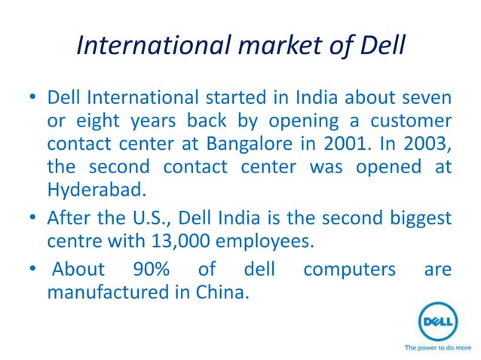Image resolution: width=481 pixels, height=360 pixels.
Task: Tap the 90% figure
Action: [151, 269]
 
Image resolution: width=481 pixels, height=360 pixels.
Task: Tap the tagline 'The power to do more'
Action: [437, 348]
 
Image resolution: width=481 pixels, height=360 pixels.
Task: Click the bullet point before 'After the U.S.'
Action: [32, 219]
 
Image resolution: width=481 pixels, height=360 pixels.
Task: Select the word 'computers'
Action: [350, 269]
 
